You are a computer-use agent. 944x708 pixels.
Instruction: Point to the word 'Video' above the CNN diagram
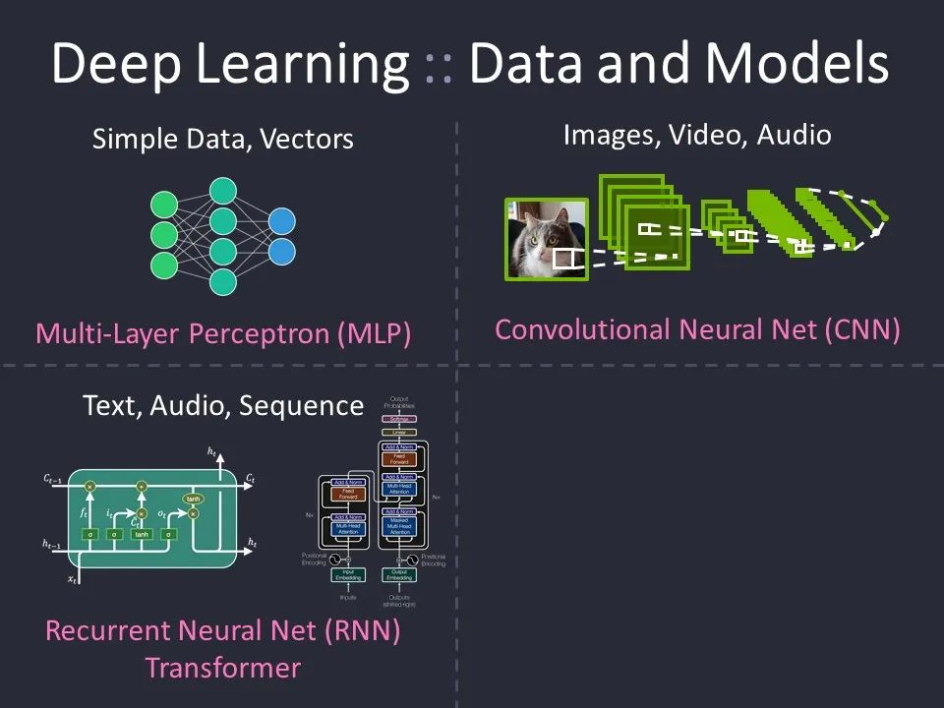click(703, 135)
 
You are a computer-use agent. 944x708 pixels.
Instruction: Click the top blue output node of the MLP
click(281, 222)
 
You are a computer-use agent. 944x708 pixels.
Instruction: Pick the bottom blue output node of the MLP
click(281, 252)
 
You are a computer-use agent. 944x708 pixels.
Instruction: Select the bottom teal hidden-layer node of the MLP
click(223, 281)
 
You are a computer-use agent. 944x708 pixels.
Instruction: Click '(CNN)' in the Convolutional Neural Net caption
click(865, 329)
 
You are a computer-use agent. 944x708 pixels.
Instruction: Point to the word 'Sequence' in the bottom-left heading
click(311, 405)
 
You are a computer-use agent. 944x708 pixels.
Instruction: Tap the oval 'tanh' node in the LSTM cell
click(194, 500)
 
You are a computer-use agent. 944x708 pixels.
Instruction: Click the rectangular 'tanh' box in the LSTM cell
click(142, 534)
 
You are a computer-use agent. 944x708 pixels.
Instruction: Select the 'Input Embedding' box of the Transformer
click(347, 574)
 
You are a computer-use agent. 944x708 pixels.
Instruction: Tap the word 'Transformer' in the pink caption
click(222, 668)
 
